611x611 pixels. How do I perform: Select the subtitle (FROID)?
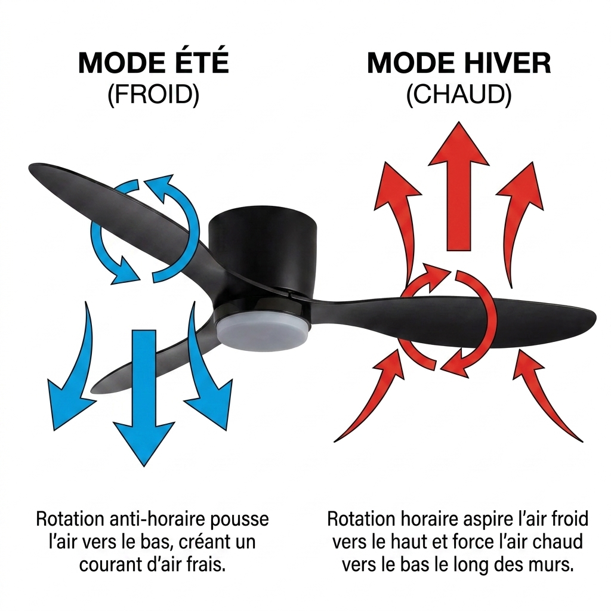pyautogui.click(x=153, y=95)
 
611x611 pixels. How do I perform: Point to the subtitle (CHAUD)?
pyautogui.click(x=459, y=95)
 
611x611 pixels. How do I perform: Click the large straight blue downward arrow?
pyautogui.click(x=144, y=394)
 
